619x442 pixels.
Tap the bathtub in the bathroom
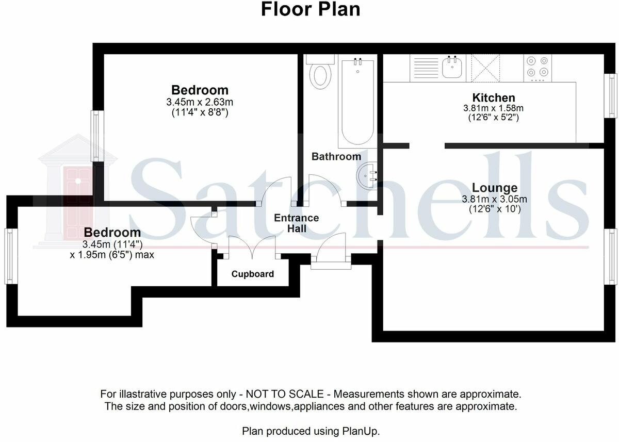[x=358, y=101]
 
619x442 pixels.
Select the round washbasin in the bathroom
[x=366, y=176]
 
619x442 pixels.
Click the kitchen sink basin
[x=452, y=67]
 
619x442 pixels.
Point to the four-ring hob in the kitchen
[x=537, y=68]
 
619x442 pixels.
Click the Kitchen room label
[x=494, y=97]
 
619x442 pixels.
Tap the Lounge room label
[x=495, y=188]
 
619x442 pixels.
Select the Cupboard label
[x=253, y=274]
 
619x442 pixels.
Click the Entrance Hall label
[x=297, y=223]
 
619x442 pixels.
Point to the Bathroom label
[x=336, y=157]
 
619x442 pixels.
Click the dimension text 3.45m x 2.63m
[x=200, y=102]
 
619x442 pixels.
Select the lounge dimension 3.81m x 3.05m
[x=494, y=199]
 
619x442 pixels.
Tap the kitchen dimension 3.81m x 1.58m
[x=493, y=108]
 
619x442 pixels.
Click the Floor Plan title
[x=311, y=9]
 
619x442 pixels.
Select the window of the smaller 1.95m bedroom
[x=11, y=256]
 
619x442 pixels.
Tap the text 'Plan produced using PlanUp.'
[x=311, y=431]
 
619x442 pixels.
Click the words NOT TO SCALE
[x=285, y=394]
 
